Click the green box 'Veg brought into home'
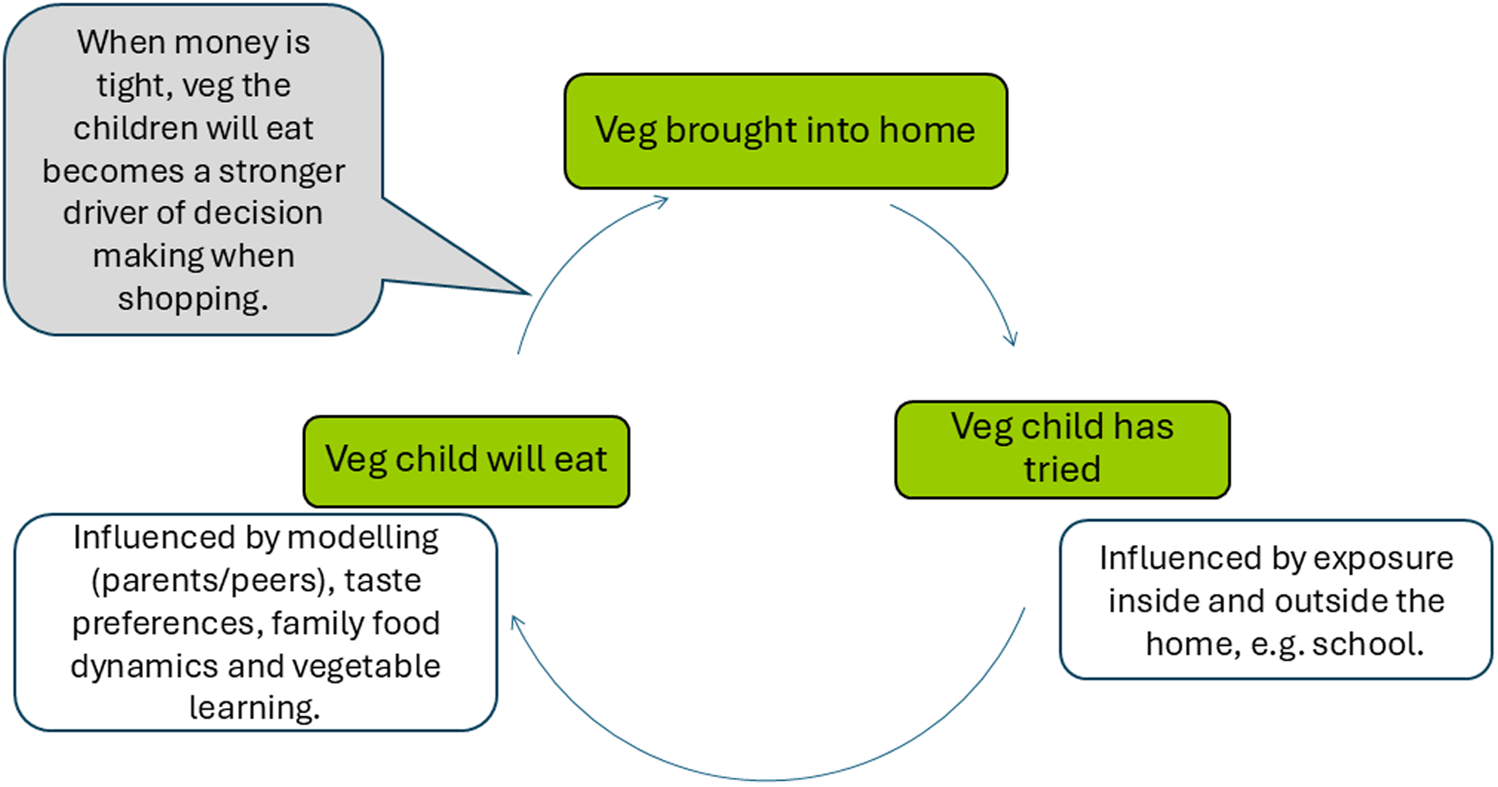pyautogui.click(x=786, y=131)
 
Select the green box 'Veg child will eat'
pyautogui.click(x=466, y=461)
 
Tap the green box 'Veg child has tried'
pyautogui.click(x=1062, y=450)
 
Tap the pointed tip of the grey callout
pyautogui.click(x=530, y=293)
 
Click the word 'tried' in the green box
pyautogui.click(x=1062, y=470)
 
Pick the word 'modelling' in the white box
pyautogui.click(x=363, y=538)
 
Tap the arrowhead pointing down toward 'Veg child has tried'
pyautogui.click(x=1012, y=340)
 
